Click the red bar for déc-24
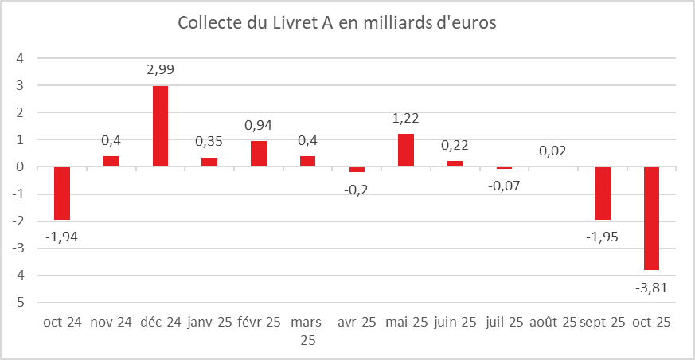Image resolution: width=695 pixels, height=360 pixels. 160,126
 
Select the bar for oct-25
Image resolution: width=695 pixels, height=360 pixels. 651,218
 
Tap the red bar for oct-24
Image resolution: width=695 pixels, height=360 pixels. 62,193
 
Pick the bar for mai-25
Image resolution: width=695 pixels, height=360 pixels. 406,150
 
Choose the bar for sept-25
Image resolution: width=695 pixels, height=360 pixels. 603,193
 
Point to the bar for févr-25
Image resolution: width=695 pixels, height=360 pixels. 259,154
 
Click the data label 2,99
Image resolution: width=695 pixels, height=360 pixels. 160,70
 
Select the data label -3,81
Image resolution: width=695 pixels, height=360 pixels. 651,286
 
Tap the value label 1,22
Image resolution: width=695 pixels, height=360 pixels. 406,118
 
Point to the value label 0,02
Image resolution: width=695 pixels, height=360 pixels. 553,151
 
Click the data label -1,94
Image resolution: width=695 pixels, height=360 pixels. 62,236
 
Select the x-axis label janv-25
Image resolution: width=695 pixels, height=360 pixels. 209,322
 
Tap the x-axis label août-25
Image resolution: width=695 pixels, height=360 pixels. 552,322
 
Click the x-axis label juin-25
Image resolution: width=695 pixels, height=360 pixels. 455,322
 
